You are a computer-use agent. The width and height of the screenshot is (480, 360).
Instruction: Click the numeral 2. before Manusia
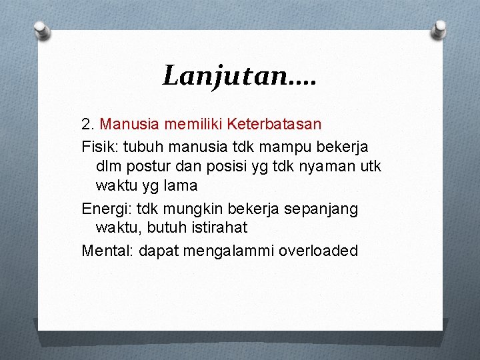[x=88, y=124]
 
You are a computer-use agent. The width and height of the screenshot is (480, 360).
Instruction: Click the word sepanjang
[x=321, y=209]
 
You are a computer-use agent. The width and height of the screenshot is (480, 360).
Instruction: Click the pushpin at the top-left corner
[x=41, y=29]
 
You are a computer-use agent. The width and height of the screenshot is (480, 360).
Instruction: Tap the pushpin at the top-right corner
[x=439, y=29]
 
